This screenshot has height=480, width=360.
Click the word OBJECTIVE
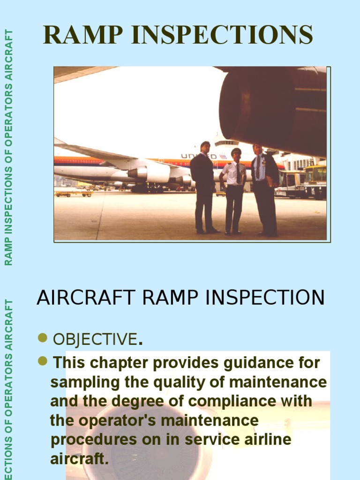click(x=95, y=339)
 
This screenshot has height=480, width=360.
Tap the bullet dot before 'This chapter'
click(x=43, y=360)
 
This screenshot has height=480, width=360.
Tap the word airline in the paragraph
click(x=264, y=440)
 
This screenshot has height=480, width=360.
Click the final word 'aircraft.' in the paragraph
click(x=79, y=459)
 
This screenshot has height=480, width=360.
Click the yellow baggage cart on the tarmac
click(x=74, y=193)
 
